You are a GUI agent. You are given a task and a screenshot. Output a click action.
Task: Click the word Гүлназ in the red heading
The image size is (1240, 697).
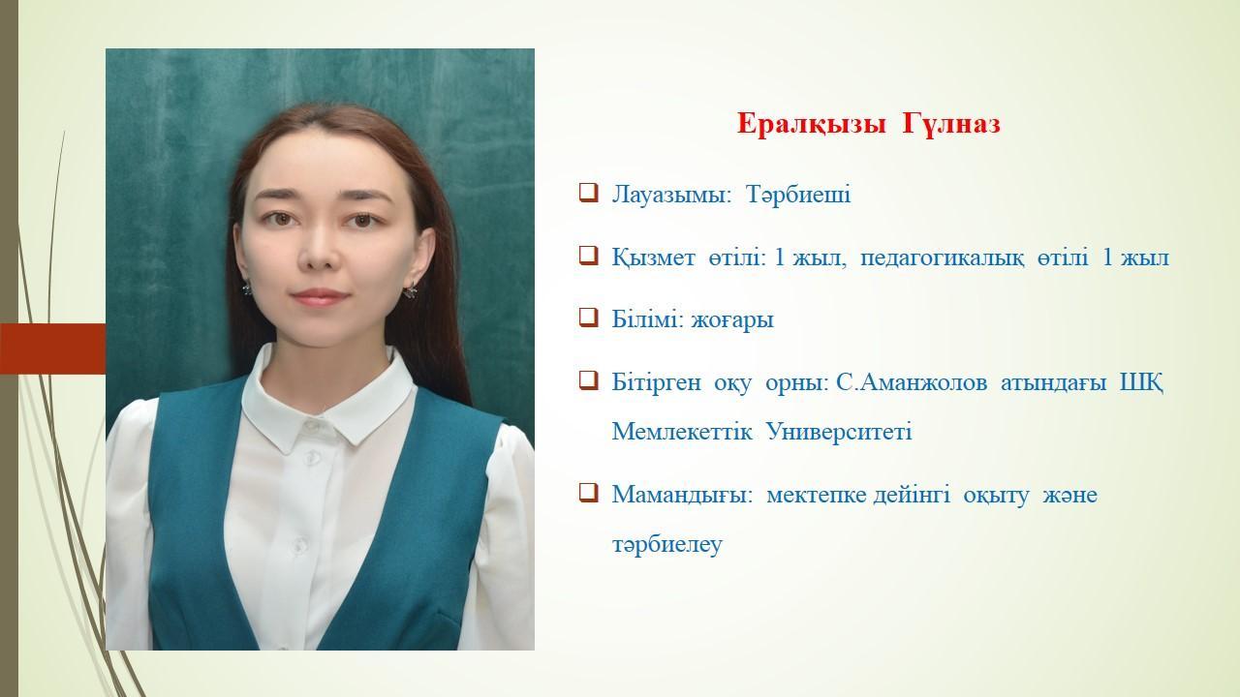click(951, 123)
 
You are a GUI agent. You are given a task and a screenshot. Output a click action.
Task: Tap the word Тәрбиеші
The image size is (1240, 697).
click(797, 195)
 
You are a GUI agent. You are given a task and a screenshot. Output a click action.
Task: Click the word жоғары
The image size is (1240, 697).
click(731, 320)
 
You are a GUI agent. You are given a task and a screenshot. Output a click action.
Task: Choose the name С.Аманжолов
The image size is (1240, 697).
click(912, 382)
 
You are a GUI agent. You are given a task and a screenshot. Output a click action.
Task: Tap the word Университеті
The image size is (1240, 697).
click(839, 431)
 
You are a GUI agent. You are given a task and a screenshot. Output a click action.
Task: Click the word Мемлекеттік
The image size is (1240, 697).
click(682, 432)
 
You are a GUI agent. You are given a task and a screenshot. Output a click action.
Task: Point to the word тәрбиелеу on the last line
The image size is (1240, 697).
click(667, 545)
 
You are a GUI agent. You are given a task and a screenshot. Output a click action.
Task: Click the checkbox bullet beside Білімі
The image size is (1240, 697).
click(588, 318)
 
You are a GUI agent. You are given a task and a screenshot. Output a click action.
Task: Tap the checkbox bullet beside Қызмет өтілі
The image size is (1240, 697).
click(588, 256)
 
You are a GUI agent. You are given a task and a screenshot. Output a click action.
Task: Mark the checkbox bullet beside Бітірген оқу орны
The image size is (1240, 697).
click(588, 380)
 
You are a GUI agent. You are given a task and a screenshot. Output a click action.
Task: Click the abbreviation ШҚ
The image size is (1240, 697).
click(1141, 383)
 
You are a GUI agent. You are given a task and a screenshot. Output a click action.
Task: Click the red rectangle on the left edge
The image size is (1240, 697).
click(52, 348)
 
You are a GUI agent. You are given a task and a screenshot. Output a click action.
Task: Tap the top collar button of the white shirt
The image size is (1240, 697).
click(311, 425)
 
